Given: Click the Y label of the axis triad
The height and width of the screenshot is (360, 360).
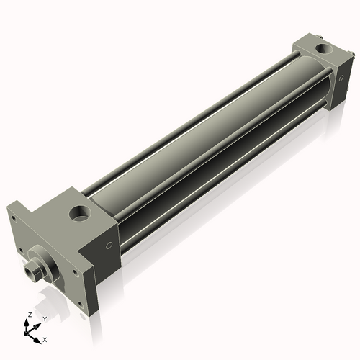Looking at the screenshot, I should coord(44,318).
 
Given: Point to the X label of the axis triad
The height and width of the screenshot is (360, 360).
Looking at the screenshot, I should coord(45,338).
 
